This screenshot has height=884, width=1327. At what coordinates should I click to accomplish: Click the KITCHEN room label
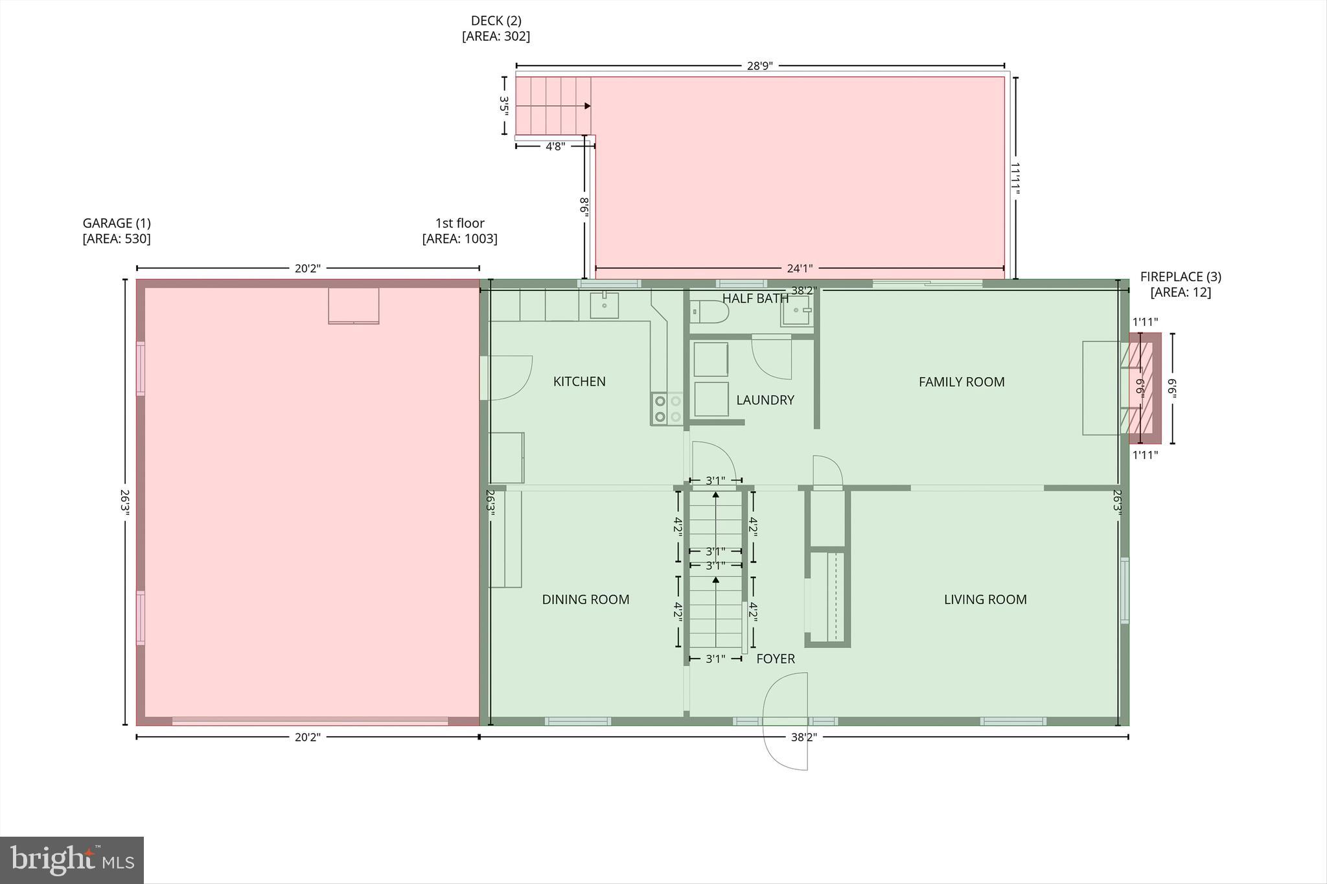(579, 382)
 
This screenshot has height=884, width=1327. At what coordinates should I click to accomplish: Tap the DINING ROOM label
(585, 599)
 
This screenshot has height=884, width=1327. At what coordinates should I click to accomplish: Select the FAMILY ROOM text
(961, 382)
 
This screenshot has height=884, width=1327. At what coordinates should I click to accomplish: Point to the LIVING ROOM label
(985, 599)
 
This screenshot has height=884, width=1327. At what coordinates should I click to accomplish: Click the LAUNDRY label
(765, 400)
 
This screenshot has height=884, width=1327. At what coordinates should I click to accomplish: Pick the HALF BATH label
(755, 299)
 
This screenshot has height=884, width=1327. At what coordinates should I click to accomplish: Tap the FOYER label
(775, 659)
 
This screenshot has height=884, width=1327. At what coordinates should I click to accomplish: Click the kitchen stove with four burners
(667, 409)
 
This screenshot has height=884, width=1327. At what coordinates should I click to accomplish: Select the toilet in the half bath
(710, 312)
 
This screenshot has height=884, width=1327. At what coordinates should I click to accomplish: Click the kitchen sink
(604, 305)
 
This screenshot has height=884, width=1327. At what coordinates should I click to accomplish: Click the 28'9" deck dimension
(759, 66)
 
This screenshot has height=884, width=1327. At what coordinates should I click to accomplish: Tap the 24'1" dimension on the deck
(799, 268)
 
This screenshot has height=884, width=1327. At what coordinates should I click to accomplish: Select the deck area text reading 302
(496, 36)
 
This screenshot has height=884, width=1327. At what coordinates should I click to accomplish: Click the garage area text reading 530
(117, 238)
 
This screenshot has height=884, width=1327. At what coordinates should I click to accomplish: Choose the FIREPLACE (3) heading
(1181, 277)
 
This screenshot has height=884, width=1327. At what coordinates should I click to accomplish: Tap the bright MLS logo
(72, 859)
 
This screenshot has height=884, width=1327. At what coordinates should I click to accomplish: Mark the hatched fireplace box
(1145, 388)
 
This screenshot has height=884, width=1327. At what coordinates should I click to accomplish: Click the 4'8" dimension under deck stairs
(555, 146)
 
